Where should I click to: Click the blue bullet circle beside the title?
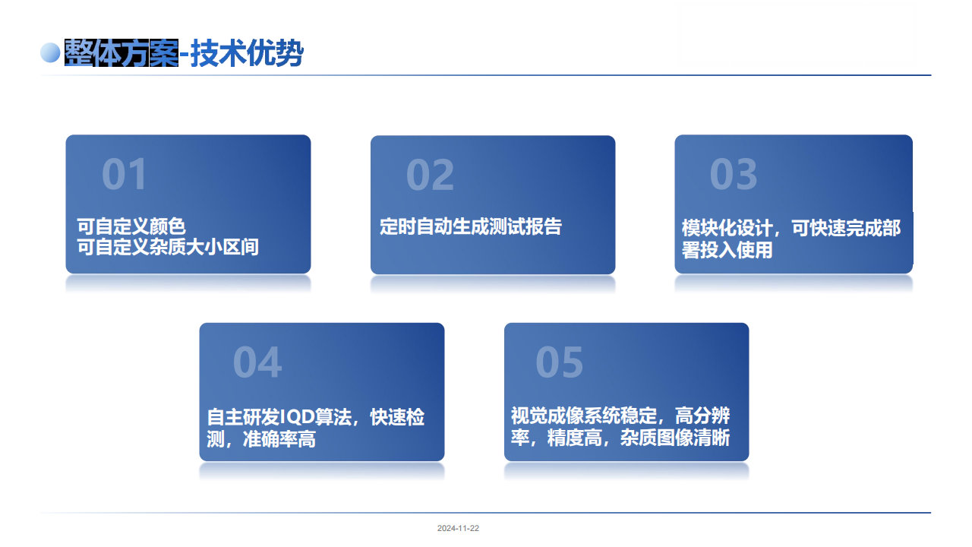click(x=50, y=53)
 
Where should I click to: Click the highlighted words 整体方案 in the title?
click(x=121, y=53)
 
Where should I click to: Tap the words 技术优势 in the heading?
click(x=247, y=53)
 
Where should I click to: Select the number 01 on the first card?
click(x=125, y=174)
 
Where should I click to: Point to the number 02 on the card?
click(x=430, y=175)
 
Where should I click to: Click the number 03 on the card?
click(x=734, y=174)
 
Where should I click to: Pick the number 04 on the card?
click(x=257, y=362)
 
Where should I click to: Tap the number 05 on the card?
click(x=560, y=362)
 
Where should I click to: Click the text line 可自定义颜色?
click(x=131, y=226)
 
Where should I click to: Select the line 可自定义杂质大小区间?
click(x=168, y=247)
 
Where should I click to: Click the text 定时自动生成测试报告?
click(x=471, y=226)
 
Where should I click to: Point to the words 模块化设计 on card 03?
click(x=727, y=228)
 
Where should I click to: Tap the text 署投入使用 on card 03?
click(x=727, y=250)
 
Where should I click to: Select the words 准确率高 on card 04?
click(x=279, y=439)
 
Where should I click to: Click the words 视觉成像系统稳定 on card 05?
click(x=584, y=416)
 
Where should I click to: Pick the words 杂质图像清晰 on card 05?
click(x=675, y=438)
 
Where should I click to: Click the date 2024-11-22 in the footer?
click(x=458, y=528)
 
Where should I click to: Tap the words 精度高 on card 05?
click(x=574, y=438)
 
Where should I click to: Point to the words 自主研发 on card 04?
click(x=243, y=417)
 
